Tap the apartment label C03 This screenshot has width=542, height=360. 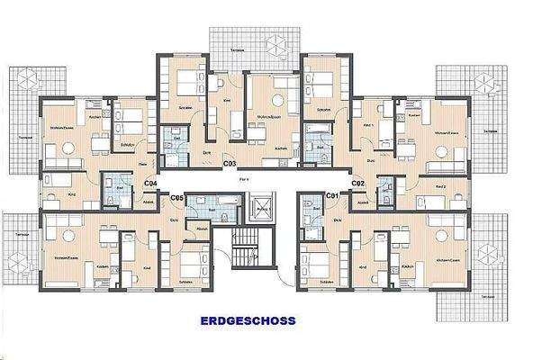pos(230,165)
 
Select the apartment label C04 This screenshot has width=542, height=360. pos(151,183)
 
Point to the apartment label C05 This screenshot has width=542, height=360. pos(176,197)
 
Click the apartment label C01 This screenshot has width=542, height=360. pos(330,194)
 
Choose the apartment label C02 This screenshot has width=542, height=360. pos(357,183)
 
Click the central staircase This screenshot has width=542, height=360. pos(246,247)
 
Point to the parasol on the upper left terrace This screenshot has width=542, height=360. pos(24,77)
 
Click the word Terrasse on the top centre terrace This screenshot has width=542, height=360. pos(238,50)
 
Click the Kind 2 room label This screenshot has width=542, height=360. pos(440,186)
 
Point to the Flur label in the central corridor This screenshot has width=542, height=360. pos(243,179)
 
